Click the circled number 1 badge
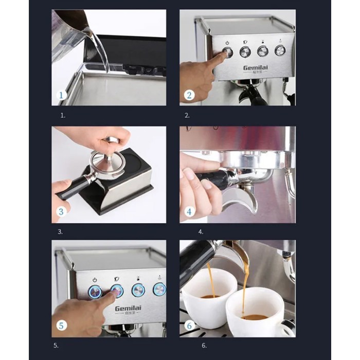(61, 95)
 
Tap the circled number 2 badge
(189, 95)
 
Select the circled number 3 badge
(61, 211)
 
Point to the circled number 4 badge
(189, 211)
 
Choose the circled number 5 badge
(61, 326)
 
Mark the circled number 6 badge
(189, 326)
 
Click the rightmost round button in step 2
(280, 50)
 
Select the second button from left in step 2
(245, 51)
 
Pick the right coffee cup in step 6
(256, 314)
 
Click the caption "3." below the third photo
(60, 232)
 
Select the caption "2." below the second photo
(187, 116)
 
